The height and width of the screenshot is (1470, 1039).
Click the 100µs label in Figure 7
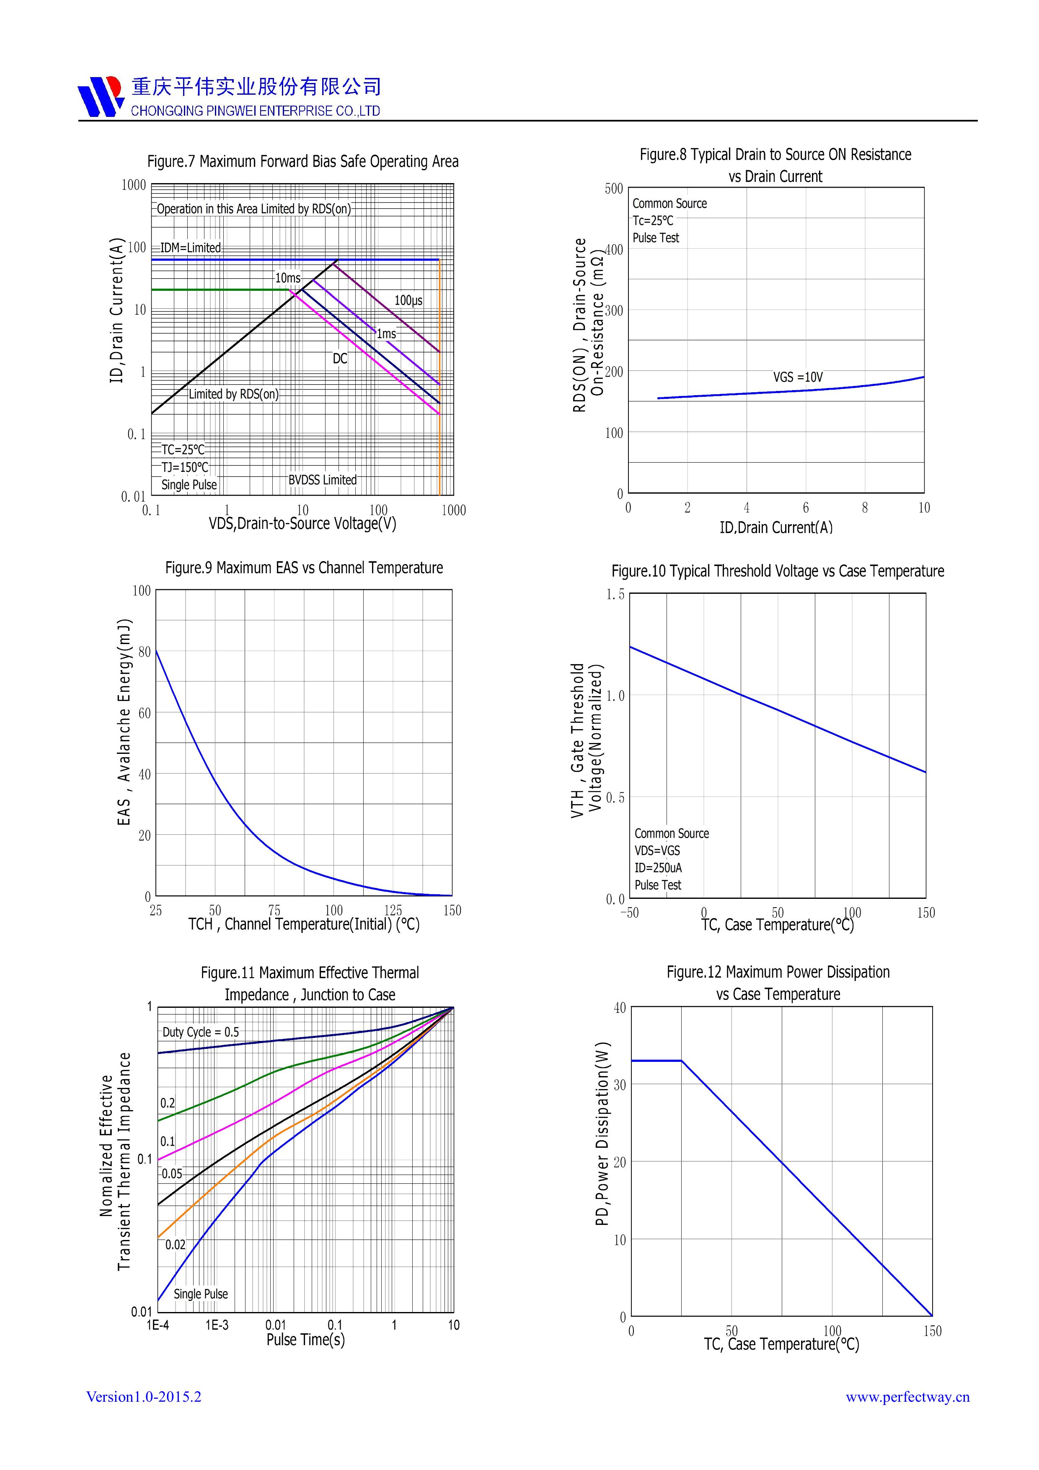tap(408, 300)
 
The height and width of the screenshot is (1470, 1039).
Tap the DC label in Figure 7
tap(339, 359)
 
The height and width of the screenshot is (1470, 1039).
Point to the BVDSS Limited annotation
tap(322, 479)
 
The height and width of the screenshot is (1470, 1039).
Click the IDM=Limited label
tap(190, 248)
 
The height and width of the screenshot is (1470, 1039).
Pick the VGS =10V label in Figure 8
tap(798, 377)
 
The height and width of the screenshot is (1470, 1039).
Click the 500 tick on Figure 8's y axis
tap(613, 189)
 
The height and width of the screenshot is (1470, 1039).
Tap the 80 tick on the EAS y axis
tap(145, 652)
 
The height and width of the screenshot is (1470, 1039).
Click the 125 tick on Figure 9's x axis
tap(393, 911)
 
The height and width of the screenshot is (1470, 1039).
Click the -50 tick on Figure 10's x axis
tap(629, 913)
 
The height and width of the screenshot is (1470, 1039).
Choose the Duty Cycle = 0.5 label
tap(200, 1032)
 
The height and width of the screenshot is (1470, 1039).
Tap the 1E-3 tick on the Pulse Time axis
tap(217, 1325)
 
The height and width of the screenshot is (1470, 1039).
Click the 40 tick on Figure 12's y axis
tap(619, 1008)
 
